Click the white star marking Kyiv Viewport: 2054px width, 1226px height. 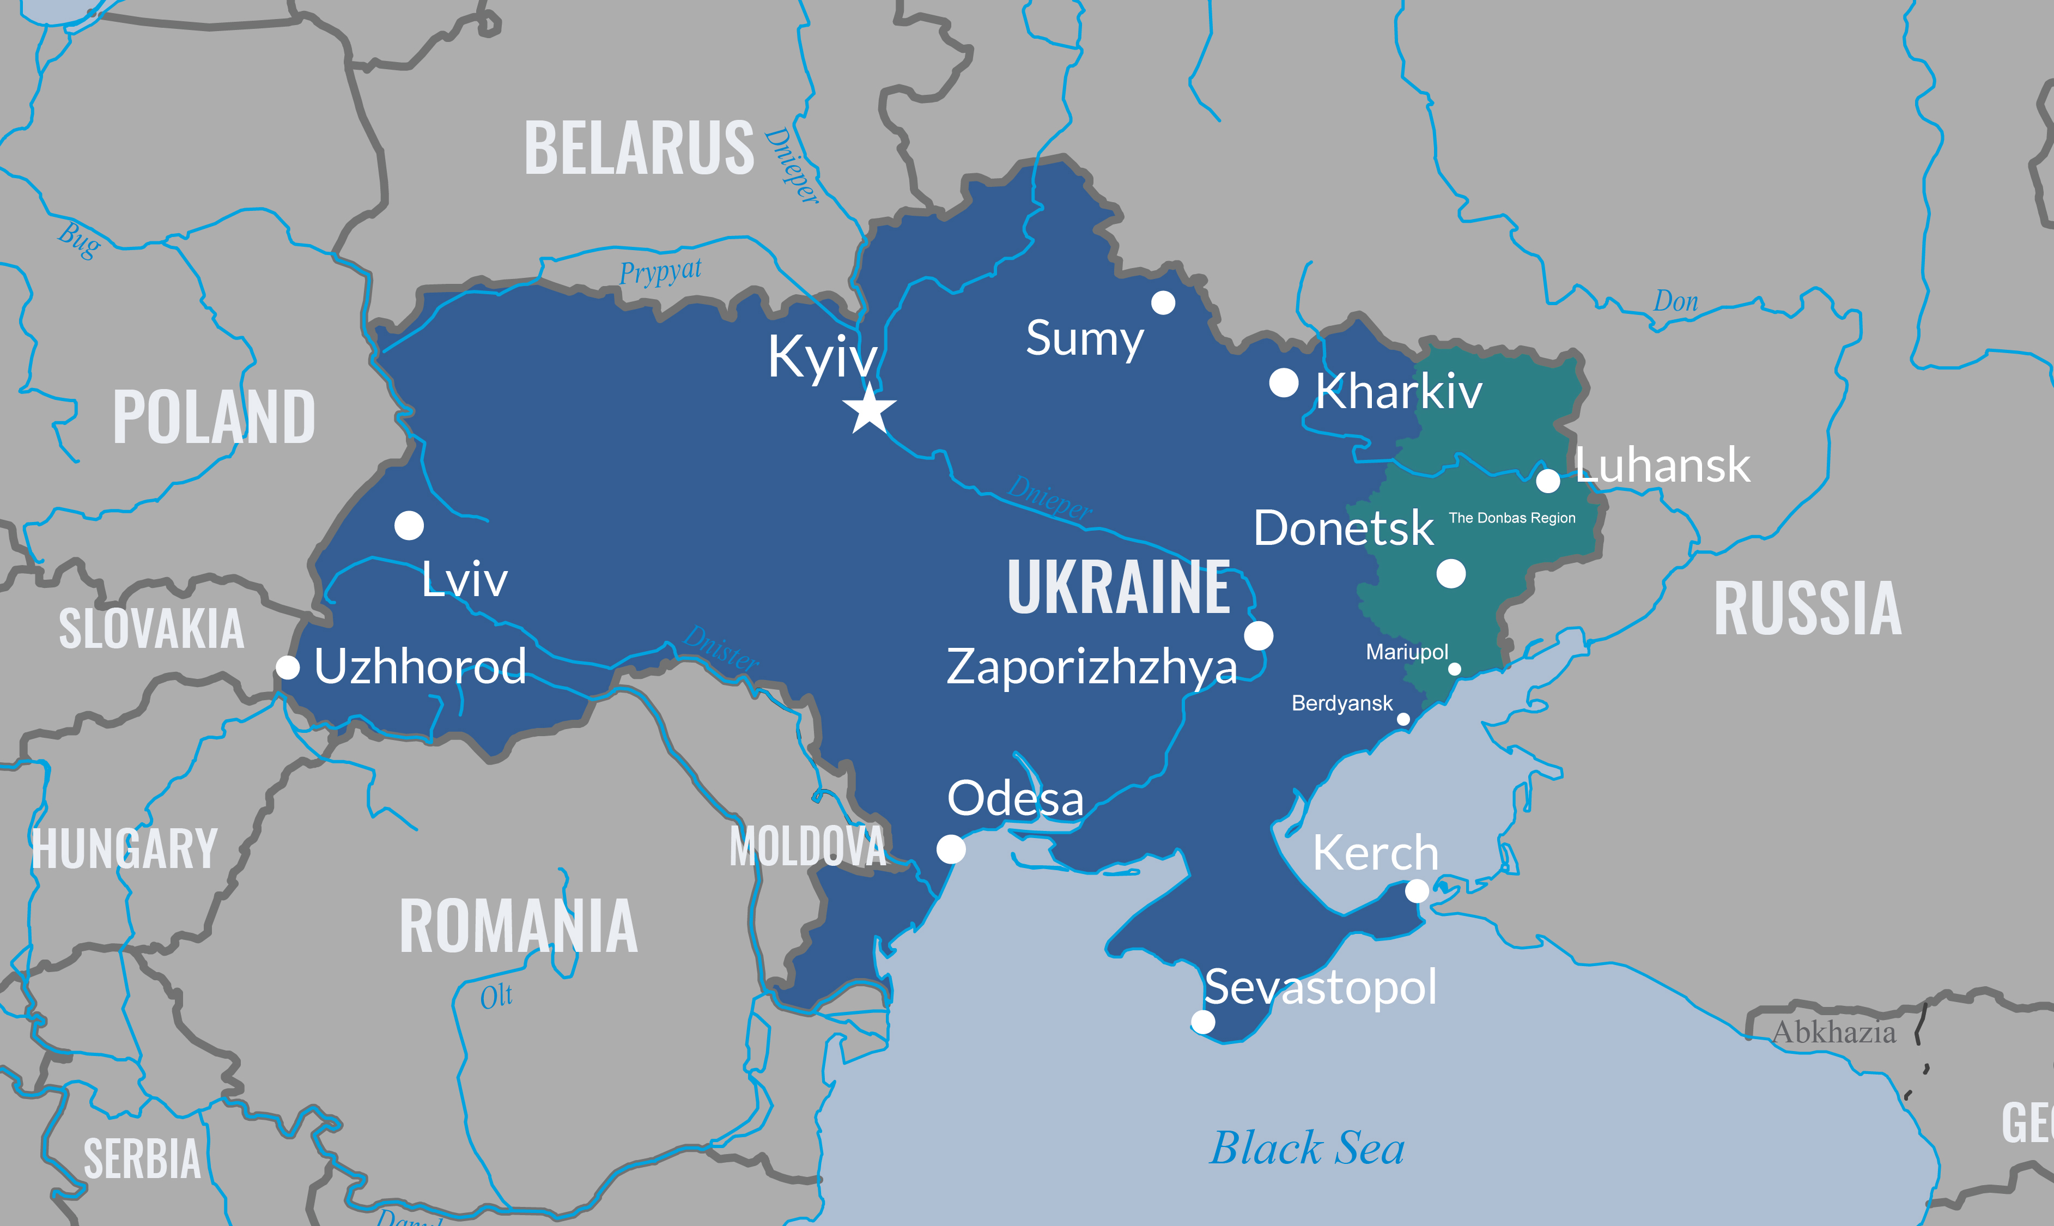click(870, 410)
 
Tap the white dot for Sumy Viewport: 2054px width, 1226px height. click(1163, 303)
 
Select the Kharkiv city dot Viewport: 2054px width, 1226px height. click(1284, 383)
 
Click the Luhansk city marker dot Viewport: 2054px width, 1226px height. click(1548, 480)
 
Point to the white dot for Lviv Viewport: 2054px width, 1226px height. click(409, 525)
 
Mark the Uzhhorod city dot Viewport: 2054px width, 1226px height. click(288, 667)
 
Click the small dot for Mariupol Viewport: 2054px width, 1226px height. click(1454, 669)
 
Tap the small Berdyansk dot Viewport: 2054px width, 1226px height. click(1403, 719)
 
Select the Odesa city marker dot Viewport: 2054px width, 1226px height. click(951, 848)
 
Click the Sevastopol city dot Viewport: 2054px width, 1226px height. click(1202, 1022)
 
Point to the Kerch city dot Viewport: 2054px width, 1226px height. click(1417, 890)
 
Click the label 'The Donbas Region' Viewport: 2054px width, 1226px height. click(1511, 518)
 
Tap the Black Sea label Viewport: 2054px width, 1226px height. click(1306, 1148)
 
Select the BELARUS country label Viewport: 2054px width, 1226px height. click(639, 149)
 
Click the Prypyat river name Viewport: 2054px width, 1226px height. click(661, 271)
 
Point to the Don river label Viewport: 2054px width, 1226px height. click(1675, 301)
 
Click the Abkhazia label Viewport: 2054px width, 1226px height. click(1833, 1033)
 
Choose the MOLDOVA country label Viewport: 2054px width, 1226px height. click(807, 847)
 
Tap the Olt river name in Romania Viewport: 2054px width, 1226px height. click(496, 997)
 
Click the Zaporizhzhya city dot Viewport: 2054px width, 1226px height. click(1258, 636)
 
